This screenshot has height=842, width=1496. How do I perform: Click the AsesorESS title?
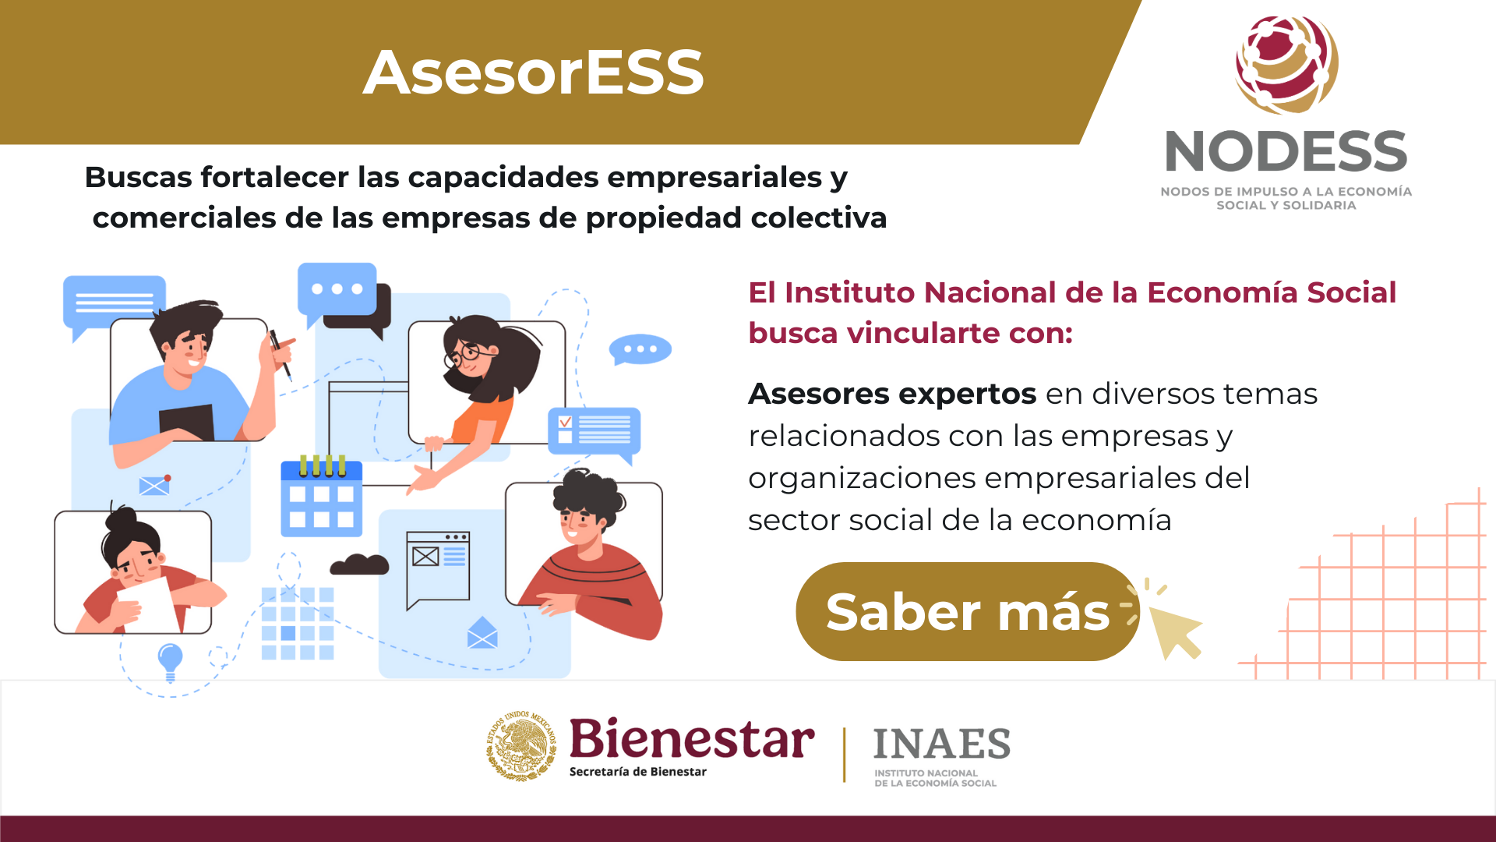tap(534, 73)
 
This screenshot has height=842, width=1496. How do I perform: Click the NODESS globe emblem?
tap(1286, 65)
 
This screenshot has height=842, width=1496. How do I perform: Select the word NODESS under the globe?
tap(1286, 151)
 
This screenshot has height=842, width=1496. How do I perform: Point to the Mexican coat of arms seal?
tap(521, 745)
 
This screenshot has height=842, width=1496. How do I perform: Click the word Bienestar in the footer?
tap(692, 738)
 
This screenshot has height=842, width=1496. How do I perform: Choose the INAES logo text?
tap(941, 744)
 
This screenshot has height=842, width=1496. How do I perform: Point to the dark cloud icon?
tap(359, 564)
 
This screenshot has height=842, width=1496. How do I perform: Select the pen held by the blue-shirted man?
tap(280, 355)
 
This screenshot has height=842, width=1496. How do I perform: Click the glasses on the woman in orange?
tap(467, 355)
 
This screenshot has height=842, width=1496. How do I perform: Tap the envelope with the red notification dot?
tap(154, 485)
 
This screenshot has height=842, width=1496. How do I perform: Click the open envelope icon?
tap(482, 632)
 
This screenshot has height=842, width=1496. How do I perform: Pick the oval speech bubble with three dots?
tap(640, 350)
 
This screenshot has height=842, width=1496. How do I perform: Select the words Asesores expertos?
tap(892, 394)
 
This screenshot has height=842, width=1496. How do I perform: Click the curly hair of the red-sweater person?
tap(588, 496)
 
